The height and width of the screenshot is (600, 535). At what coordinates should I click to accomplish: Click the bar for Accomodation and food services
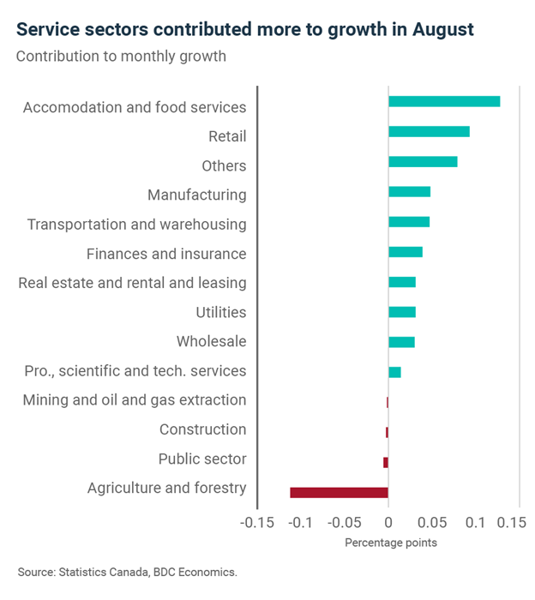pyautogui.click(x=444, y=102)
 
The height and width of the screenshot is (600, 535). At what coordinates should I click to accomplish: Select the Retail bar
pyautogui.click(x=429, y=131)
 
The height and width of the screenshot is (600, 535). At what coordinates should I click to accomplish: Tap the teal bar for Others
pyautogui.click(x=423, y=161)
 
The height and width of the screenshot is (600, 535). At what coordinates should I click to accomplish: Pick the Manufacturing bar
pyautogui.click(x=409, y=191)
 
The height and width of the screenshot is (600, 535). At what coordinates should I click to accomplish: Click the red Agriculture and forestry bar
pyautogui.click(x=339, y=492)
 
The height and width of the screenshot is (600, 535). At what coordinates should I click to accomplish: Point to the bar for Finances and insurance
pyautogui.click(x=406, y=252)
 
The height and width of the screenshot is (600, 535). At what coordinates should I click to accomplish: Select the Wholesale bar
pyautogui.click(x=401, y=342)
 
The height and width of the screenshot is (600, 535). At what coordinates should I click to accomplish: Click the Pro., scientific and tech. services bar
pyautogui.click(x=394, y=372)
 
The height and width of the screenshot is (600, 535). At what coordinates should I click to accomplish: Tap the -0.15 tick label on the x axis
pyautogui.click(x=257, y=522)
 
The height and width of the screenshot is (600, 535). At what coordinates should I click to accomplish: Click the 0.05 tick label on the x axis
pyautogui.click(x=432, y=522)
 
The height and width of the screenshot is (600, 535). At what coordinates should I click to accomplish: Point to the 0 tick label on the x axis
pyautogui.click(x=388, y=522)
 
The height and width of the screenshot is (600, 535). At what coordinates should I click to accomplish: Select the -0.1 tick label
pyautogui.click(x=300, y=522)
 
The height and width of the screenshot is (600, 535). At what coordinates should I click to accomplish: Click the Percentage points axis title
pyautogui.click(x=391, y=543)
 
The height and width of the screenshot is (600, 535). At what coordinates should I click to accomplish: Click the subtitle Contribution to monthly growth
pyautogui.click(x=121, y=57)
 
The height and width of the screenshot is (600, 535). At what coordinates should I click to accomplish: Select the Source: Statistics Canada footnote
pyautogui.click(x=127, y=571)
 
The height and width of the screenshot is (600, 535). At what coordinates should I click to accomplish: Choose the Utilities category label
pyautogui.click(x=220, y=313)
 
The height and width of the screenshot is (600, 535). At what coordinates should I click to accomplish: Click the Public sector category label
pyautogui.click(x=202, y=459)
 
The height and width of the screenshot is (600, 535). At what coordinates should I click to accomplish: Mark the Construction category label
pyautogui.click(x=202, y=429)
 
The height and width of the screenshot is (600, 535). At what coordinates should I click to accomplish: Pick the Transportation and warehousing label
pyautogui.click(x=136, y=225)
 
